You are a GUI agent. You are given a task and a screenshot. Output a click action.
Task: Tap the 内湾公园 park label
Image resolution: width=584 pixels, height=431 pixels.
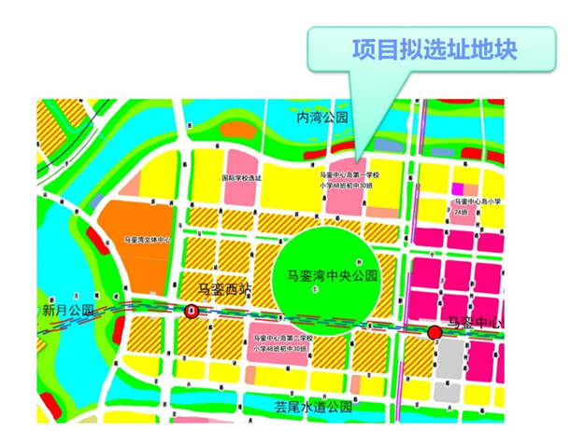[x=321, y=118]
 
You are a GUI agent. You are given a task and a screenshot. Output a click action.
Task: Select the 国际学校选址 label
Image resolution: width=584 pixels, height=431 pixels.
[x=242, y=177]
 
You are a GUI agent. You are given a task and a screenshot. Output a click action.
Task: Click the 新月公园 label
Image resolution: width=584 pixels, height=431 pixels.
[x=69, y=310]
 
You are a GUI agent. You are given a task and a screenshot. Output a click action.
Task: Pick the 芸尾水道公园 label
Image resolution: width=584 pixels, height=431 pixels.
[x=312, y=407]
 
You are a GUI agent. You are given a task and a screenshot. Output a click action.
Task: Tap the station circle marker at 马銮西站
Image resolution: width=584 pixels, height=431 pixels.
[x=192, y=312]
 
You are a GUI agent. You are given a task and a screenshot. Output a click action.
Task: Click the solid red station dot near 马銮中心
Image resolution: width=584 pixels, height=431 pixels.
[x=434, y=332]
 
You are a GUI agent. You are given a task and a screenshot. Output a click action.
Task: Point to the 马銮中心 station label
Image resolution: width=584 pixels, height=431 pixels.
[x=476, y=323]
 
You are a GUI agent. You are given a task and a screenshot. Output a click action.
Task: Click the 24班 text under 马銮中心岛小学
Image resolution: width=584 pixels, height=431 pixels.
[x=460, y=212]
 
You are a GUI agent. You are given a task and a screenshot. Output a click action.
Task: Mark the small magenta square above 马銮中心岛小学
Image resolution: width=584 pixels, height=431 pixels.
[x=459, y=188]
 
